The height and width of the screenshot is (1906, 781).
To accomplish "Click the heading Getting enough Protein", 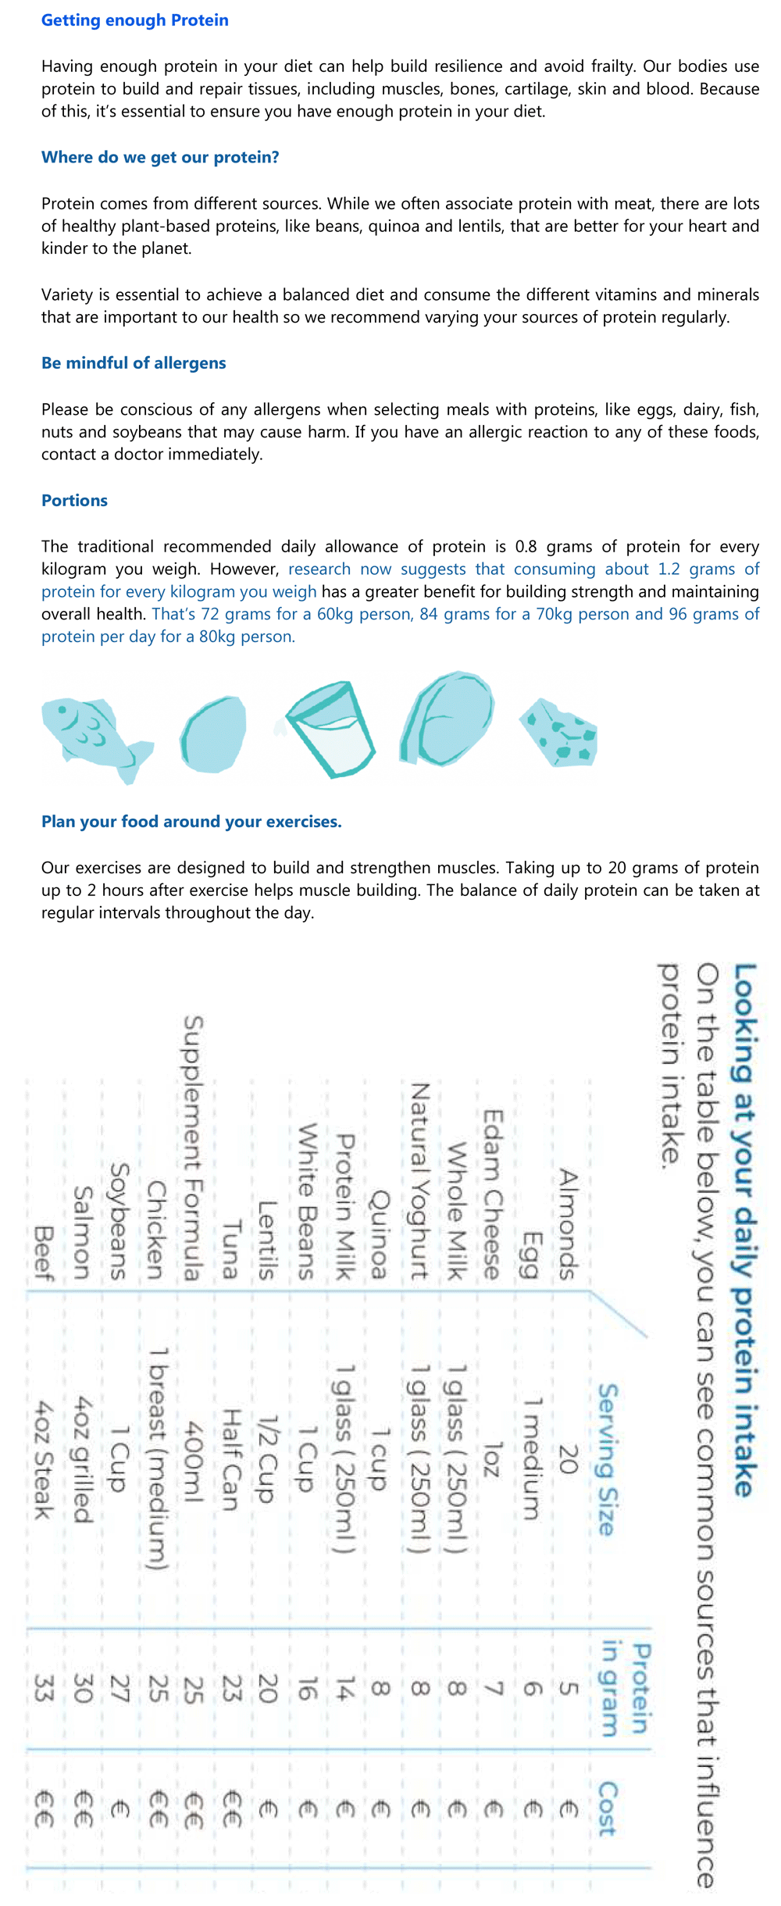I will (134, 20).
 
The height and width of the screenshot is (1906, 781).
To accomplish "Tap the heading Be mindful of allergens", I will (134, 363).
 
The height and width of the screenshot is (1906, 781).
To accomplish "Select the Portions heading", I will (74, 501).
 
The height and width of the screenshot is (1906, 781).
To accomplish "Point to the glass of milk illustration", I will (331, 729).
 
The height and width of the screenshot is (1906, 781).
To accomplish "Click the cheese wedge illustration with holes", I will (561, 733).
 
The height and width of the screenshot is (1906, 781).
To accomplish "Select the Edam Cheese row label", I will (492, 1195).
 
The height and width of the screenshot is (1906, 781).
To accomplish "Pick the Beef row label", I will (44, 1253).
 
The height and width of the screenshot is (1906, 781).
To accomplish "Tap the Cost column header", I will (608, 1808).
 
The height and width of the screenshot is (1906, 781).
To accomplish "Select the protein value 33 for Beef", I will (43, 1690).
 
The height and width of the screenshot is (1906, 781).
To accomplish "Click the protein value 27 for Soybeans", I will (119, 1690).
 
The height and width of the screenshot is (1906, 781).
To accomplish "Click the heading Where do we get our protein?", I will (160, 158).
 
